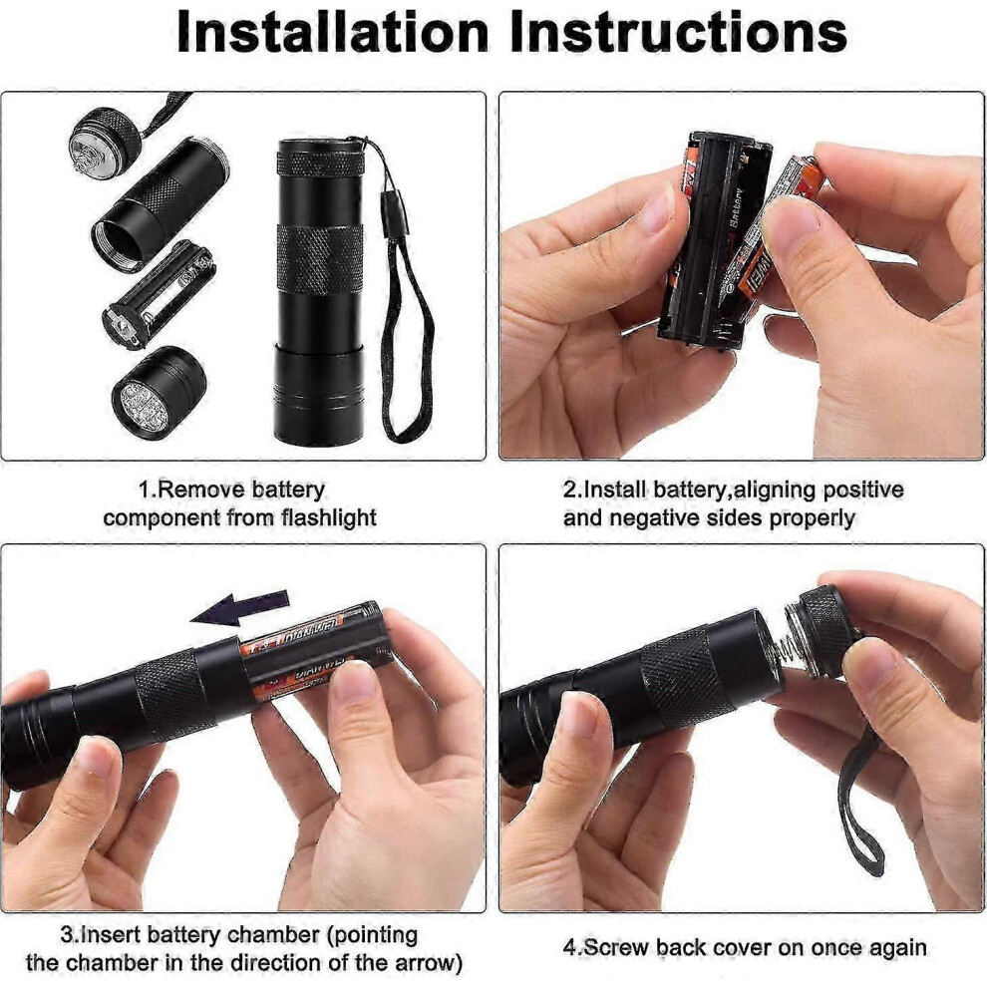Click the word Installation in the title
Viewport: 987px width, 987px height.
click(x=333, y=32)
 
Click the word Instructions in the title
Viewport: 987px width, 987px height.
click(x=679, y=32)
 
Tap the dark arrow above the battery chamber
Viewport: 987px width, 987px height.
click(x=240, y=608)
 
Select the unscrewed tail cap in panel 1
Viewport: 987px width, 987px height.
click(x=103, y=141)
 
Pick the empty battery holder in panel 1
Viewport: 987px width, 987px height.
click(x=159, y=294)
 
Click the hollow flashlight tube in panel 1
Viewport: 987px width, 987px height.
click(x=161, y=204)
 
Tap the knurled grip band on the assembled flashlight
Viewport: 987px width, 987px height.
click(x=320, y=259)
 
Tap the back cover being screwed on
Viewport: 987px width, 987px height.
click(x=822, y=633)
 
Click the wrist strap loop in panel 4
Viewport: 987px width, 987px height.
click(x=862, y=800)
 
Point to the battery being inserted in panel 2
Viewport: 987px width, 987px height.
click(x=771, y=234)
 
